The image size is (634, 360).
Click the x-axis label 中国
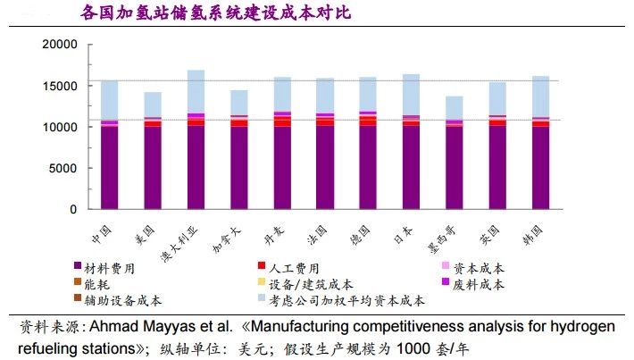click(x=103, y=231)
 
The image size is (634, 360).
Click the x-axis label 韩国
click(x=539, y=231)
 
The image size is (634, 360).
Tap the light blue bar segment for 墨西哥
click(x=454, y=107)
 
